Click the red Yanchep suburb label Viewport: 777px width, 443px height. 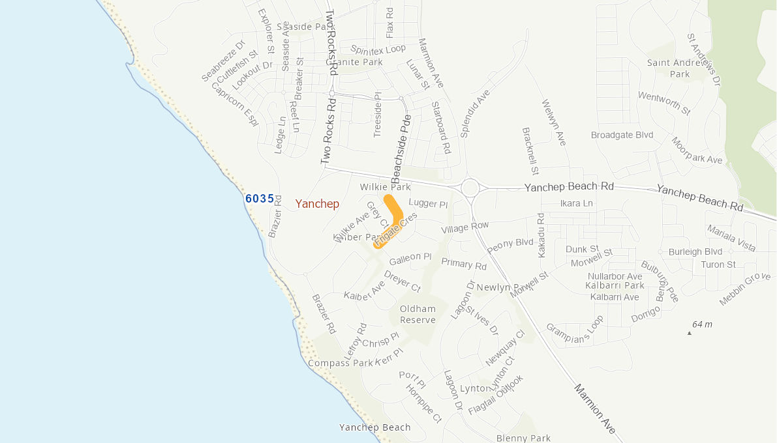tap(317, 204)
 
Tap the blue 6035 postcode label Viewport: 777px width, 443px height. tap(260, 199)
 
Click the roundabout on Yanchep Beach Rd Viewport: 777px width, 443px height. tap(470, 188)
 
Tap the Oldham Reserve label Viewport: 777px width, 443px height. tap(418, 314)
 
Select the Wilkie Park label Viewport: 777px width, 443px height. tap(386, 187)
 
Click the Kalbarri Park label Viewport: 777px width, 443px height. tap(615, 285)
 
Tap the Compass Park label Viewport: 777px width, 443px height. tap(333, 363)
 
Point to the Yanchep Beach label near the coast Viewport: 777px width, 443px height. tap(375, 427)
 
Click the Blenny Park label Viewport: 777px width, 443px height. tap(523, 438)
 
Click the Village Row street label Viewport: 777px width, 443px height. tap(465, 227)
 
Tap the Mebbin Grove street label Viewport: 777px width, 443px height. tap(745, 289)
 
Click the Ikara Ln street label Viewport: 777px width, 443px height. tap(576, 203)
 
